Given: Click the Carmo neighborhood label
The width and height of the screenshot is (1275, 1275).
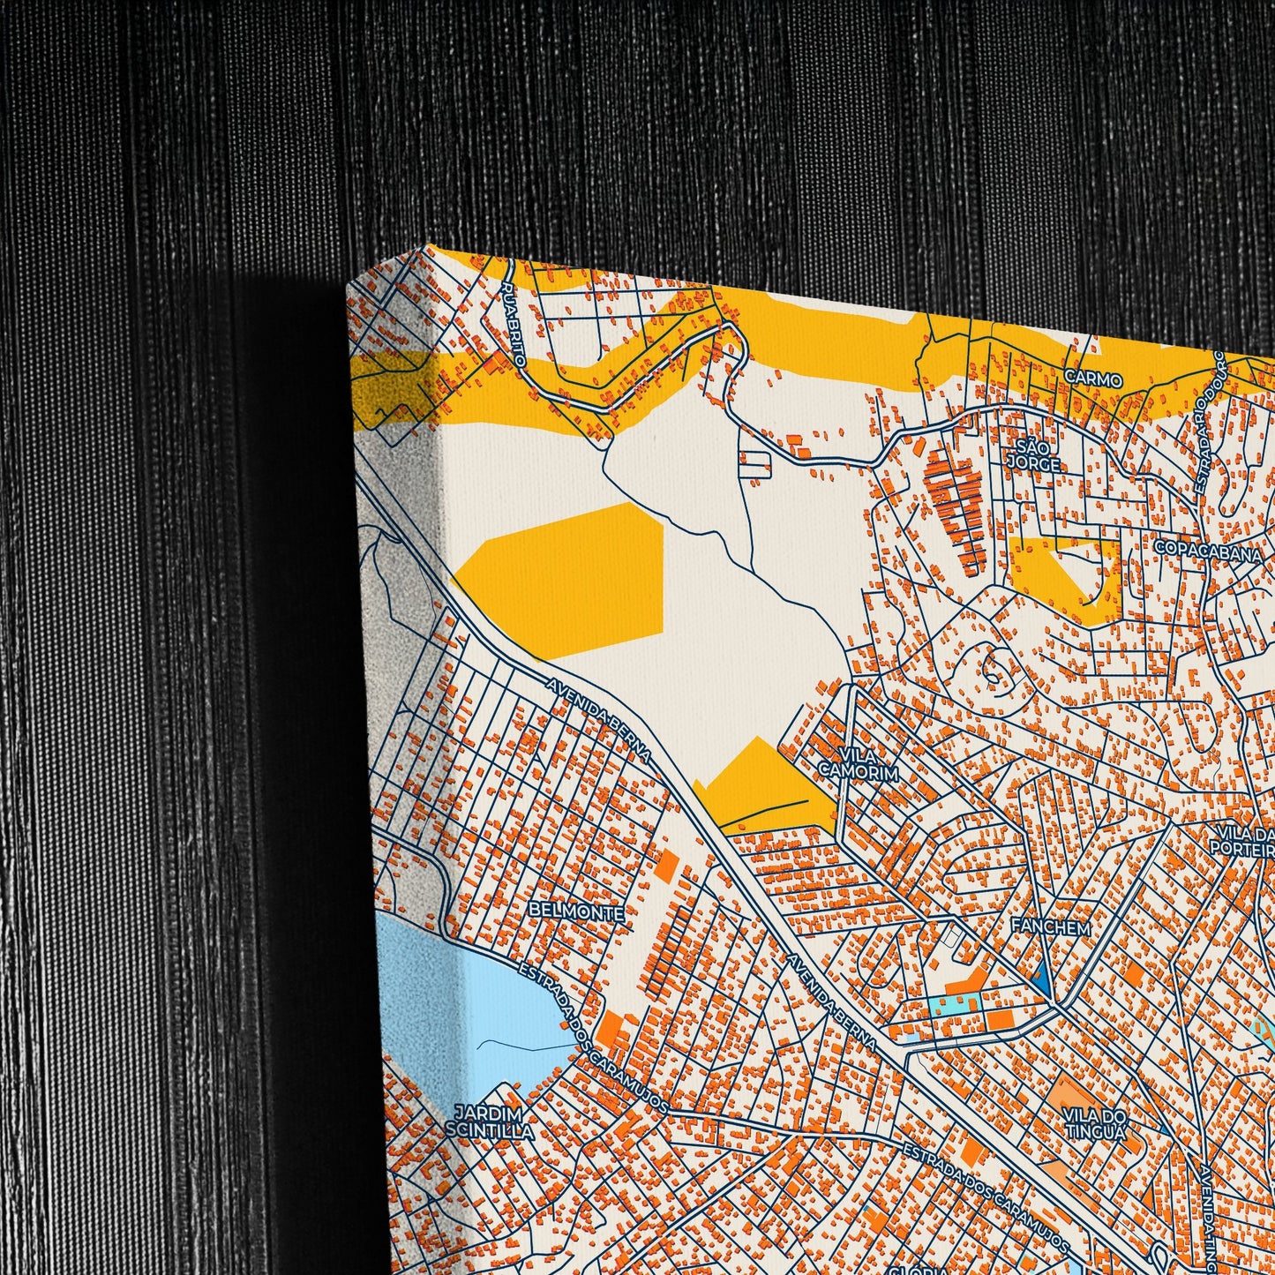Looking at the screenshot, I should [x=1093, y=379].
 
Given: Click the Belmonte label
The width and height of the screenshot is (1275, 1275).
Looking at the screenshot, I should [x=577, y=912].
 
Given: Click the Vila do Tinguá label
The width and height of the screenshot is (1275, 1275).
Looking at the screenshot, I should [x=1094, y=1123].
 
